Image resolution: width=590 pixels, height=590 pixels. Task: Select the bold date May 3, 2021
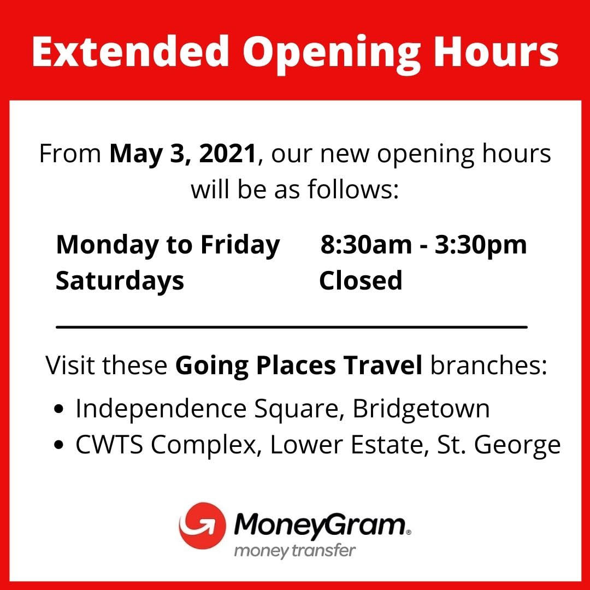pyautogui.click(x=183, y=154)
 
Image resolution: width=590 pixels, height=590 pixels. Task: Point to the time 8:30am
pyautogui.click(x=366, y=245)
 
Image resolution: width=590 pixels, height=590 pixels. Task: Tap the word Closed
pyautogui.click(x=361, y=280)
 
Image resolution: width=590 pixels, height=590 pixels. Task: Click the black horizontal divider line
pyautogui.click(x=292, y=327)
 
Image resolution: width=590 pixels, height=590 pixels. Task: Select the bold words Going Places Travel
pyautogui.click(x=299, y=365)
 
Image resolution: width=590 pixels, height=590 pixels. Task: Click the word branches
pyautogui.click(x=488, y=365)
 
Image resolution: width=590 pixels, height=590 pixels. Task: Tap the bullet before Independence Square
pyautogui.click(x=58, y=409)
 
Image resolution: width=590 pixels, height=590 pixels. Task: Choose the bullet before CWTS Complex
pyautogui.click(x=58, y=445)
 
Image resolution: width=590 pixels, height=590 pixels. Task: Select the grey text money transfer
pyautogui.click(x=294, y=551)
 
